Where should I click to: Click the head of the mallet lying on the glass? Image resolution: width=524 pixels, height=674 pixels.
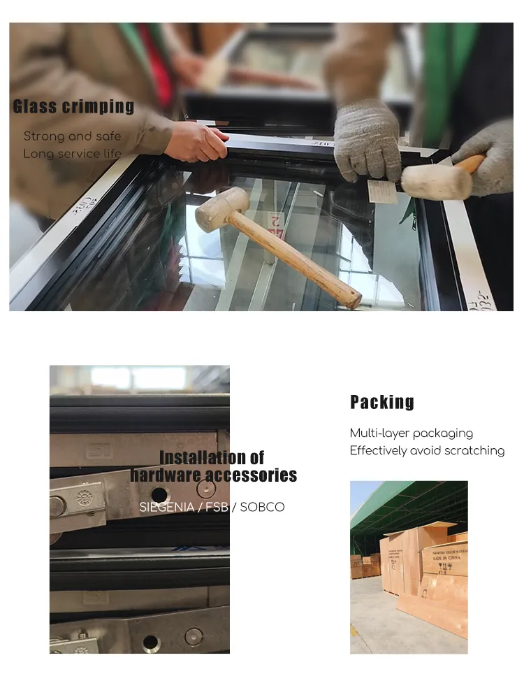point(221,209)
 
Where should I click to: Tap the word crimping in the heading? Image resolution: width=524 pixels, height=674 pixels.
point(98,107)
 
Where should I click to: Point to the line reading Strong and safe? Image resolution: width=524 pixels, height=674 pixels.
point(72,136)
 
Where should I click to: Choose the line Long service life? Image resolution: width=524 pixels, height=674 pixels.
point(72,154)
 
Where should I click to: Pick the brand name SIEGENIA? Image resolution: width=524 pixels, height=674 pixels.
point(168,507)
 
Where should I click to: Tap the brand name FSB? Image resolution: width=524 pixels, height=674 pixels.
point(217,507)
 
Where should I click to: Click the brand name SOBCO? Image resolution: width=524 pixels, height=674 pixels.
point(262,507)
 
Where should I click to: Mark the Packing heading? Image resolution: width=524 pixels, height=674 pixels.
point(381,402)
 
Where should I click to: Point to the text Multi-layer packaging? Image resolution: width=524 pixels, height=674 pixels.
point(411,433)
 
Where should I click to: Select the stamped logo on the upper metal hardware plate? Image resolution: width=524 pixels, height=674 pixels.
point(98,451)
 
